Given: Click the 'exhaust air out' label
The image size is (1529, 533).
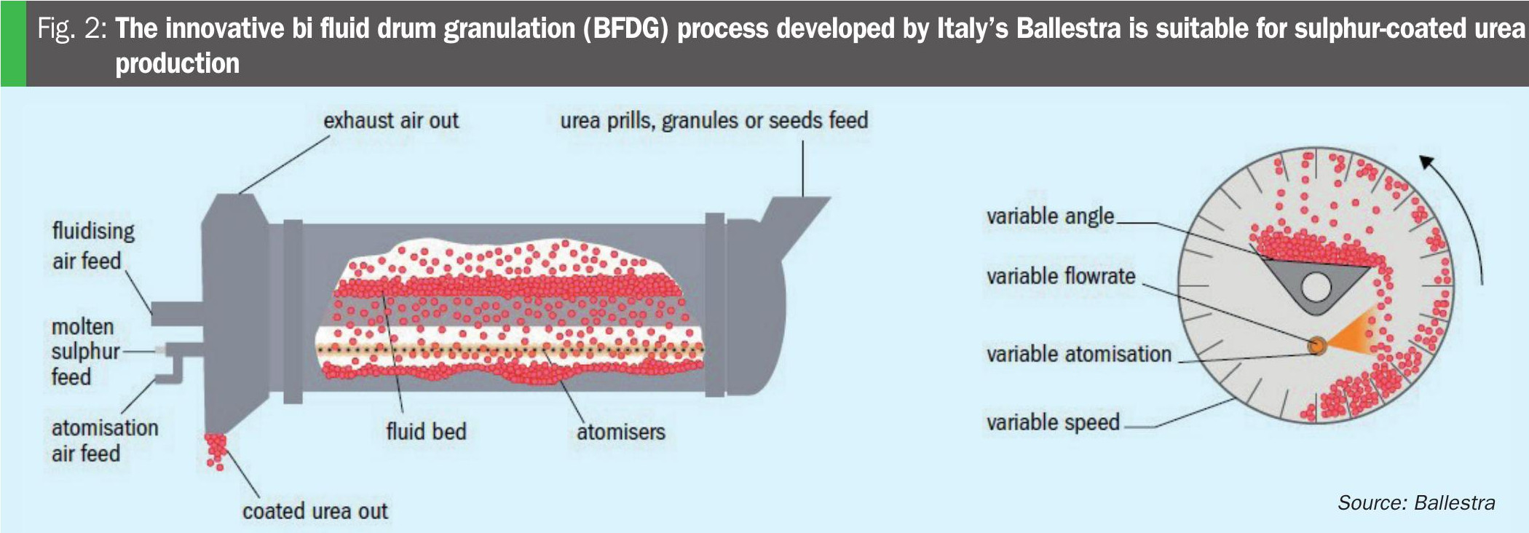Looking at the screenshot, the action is [391, 120].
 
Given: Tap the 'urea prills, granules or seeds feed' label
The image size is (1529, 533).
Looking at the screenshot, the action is [714, 121].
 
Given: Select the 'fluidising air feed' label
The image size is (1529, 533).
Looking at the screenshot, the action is [93, 246].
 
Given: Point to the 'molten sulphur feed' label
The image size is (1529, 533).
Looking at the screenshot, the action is [85, 352].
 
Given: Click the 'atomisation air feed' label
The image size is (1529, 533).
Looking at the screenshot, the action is [105, 441].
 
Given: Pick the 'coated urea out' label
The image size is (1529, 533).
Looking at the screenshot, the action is [315, 511].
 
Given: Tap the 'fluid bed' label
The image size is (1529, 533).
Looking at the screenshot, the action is [426, 431].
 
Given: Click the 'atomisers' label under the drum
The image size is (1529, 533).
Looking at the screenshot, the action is [621, 432].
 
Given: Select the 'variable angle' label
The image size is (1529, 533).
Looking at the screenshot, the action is [1050, 216].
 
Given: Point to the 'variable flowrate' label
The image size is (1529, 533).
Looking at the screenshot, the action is [1061, 276].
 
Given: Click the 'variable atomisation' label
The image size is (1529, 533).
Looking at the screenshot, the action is [1079, 354].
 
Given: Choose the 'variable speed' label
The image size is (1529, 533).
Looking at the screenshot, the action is [1053, 422].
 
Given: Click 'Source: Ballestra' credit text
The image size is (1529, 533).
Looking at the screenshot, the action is [1416, 502].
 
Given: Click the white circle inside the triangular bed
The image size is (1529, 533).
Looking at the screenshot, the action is [1316, 287].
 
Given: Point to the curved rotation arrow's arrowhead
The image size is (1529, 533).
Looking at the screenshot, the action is [1428, 163].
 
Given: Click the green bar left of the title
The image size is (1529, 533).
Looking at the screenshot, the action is [13, 44].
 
